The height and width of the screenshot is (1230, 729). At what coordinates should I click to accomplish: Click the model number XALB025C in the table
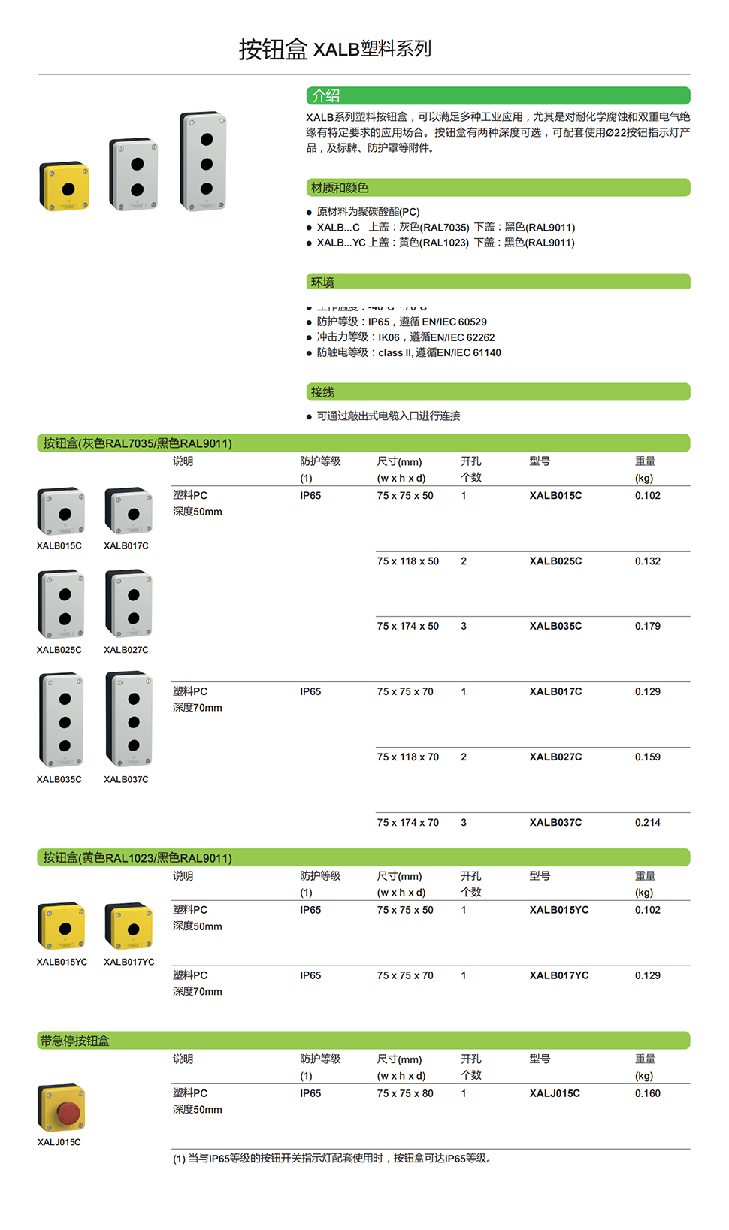555,561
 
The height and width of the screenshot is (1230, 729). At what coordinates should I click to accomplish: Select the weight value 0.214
647,823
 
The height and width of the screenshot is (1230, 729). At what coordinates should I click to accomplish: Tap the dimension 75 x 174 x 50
407,627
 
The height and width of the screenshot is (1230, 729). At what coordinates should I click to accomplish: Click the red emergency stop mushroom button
68,1113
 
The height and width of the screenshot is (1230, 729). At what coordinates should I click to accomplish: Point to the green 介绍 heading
326,96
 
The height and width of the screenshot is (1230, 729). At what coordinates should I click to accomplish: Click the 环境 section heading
322,283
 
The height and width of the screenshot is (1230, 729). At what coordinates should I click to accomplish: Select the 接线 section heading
322,392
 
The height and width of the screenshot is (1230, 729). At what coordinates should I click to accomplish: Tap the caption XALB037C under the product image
126,780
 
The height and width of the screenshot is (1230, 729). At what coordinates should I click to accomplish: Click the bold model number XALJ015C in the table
555,1094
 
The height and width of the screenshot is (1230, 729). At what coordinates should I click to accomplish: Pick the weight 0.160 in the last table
647,1094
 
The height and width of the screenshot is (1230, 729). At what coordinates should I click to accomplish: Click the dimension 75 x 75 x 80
405,1094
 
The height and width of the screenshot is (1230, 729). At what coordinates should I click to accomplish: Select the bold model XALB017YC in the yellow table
559,976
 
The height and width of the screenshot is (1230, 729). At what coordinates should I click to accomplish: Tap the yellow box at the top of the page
65,186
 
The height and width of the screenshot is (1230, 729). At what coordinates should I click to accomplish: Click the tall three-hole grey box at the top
204,162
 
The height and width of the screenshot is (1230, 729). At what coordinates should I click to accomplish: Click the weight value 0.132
647,561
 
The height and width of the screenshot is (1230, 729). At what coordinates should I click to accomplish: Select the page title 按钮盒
273,50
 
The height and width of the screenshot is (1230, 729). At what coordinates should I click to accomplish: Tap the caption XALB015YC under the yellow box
62,963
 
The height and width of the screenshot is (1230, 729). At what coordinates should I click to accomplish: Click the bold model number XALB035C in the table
555,627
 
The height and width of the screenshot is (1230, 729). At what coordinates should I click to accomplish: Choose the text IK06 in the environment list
389,338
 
